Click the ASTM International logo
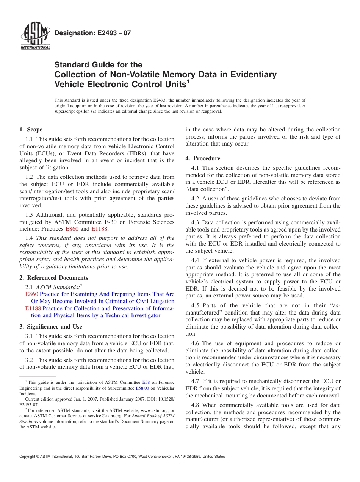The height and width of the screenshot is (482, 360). click(x=35, y=37)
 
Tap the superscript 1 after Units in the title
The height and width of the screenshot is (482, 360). click(x=188, y=82)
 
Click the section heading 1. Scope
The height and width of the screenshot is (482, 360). click(x=31, y=130)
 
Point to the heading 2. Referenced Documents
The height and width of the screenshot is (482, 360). click(x=53, y=278)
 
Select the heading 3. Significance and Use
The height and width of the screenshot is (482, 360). click(x=50, y=327)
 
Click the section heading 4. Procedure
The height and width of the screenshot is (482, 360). click(x=203, y=158)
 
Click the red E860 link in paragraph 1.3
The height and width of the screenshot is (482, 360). click(x=72, y=229)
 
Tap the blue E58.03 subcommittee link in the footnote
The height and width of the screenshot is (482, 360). click(x=142, y=388)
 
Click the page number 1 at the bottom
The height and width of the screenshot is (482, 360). click(x=180, y=466)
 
